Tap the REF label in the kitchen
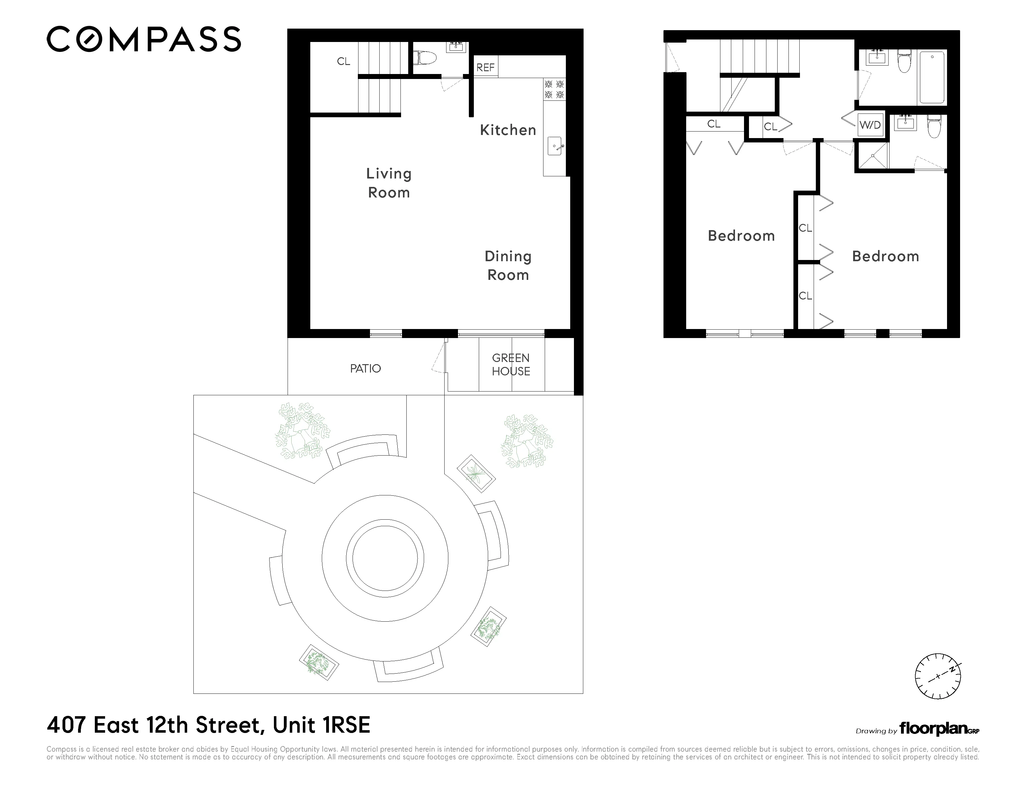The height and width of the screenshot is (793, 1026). click(x=485, y=68)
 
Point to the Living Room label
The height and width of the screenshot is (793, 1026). click(x=389, y=183)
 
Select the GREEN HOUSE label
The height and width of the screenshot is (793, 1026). click(x=511, y=364)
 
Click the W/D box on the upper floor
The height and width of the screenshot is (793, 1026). click(x=870, y=125)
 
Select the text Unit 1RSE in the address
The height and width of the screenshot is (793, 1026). click(x=321, y=725)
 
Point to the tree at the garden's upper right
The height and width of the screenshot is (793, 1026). click(x=526, y=441)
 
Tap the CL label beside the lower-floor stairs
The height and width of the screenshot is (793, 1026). click(x=344, y=62)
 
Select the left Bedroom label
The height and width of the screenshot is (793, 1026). click(x=741, y=236)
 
